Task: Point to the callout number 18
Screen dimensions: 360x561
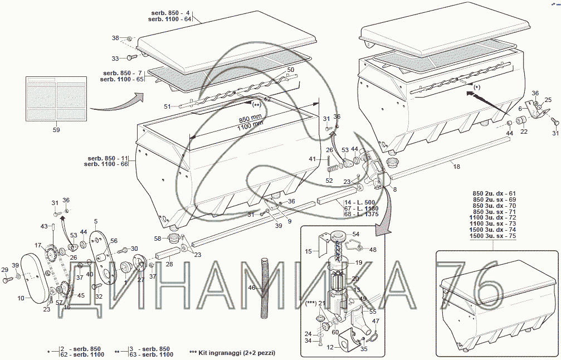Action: (x=456, y=166)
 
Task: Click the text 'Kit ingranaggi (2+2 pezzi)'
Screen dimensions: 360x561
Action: (x=236, y=353)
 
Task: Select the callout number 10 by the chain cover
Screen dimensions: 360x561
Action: (x=21, y=298)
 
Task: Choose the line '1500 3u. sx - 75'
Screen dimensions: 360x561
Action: (x=494, y=236)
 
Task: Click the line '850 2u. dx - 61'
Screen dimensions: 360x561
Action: (x=495, y=193)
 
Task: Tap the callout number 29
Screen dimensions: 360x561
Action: (x=5, y=270)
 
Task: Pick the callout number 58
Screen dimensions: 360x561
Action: (x=158, y=239)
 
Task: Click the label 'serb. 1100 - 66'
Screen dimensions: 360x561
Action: (x=106, y=164)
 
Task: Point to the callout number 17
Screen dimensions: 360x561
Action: (x=38, y=245)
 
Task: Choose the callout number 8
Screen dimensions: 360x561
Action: (x=395, y=189)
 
